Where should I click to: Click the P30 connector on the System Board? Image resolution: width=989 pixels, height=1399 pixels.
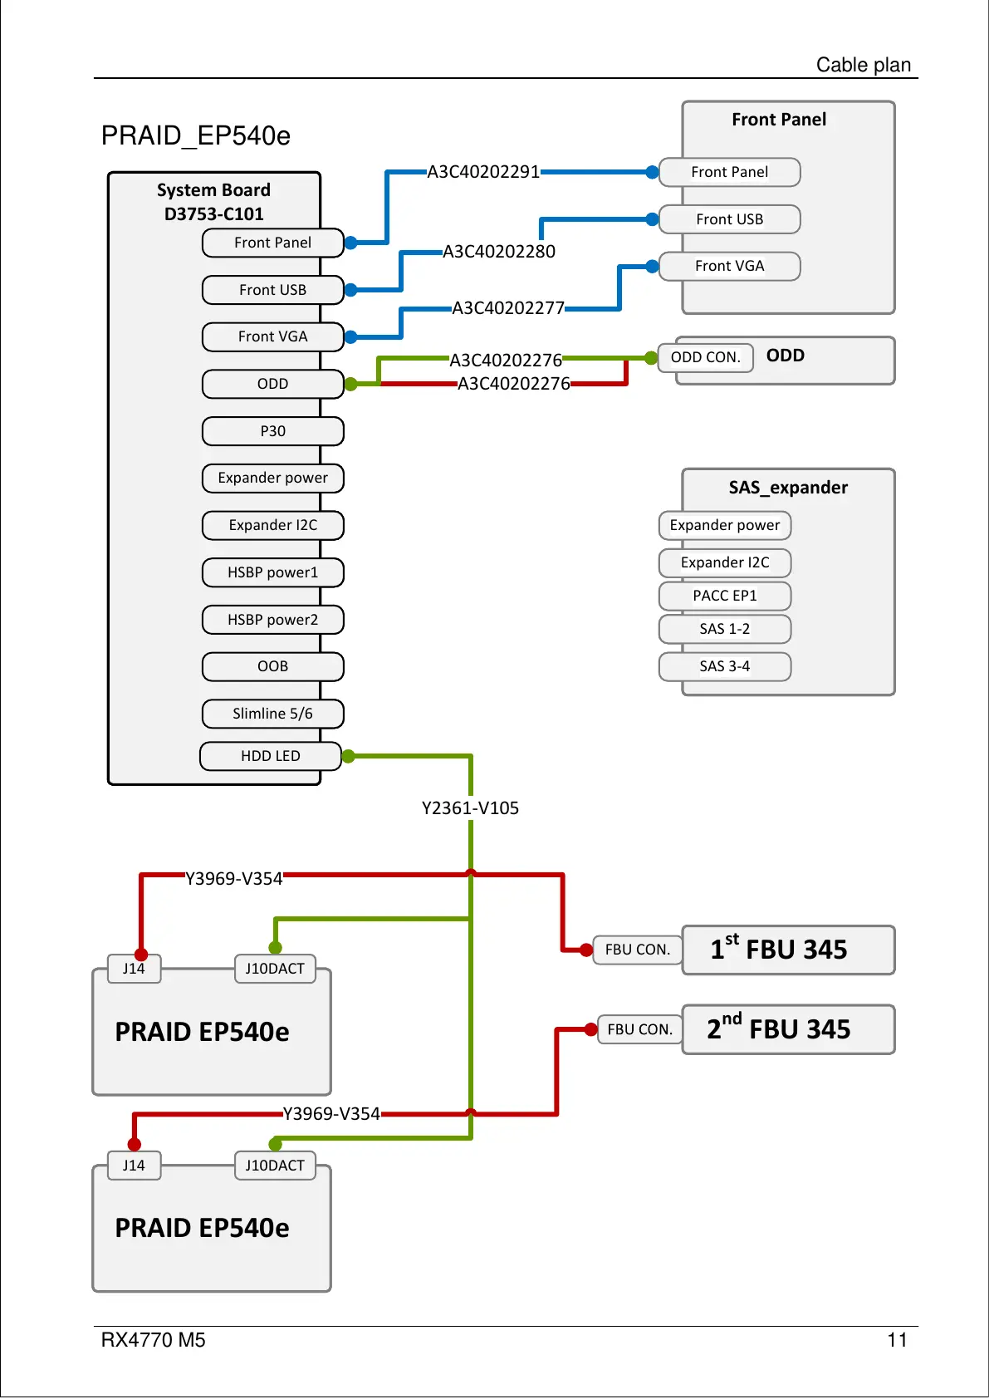272,431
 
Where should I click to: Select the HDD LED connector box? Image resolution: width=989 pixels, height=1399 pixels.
271,756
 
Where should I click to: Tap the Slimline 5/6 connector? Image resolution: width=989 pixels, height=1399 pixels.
272,714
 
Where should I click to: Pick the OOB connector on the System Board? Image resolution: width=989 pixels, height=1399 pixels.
272,666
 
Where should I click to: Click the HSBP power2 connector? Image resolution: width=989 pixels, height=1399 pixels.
272,620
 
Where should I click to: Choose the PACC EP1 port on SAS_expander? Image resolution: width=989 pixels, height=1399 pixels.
724,596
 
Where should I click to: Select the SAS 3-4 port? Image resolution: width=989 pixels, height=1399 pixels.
724,666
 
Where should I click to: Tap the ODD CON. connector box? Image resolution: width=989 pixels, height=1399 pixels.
705,357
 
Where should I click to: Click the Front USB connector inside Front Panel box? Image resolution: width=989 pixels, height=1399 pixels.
729,219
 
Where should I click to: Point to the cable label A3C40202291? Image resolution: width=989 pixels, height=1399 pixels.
483,172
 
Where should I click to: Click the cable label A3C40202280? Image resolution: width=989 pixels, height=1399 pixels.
499,252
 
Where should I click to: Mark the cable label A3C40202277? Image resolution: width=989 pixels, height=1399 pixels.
508,308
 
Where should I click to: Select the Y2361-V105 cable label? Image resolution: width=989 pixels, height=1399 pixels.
470,808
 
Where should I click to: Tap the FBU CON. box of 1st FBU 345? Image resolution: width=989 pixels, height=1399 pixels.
637,950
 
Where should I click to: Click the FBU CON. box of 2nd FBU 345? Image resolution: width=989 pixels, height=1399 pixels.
639,1029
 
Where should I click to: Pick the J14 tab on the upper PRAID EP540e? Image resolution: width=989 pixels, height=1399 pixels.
134,969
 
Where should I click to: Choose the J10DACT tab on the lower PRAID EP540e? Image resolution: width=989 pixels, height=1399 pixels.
275,1166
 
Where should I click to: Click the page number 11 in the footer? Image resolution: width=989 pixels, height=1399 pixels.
897,1340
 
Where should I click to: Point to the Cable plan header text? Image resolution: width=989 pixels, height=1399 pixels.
864,65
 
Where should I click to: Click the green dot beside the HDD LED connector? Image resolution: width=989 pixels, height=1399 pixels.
349,756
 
